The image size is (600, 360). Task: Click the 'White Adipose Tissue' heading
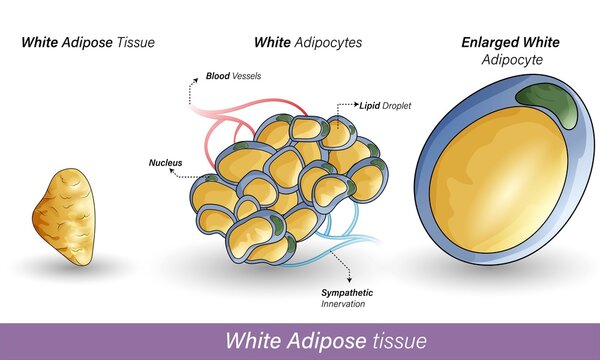coord(88,42)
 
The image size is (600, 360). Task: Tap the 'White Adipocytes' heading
coord(307,42)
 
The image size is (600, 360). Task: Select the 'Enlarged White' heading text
coord(511,42)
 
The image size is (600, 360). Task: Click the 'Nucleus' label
coord(164,159)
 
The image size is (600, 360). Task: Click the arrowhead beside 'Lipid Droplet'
coord(342,103)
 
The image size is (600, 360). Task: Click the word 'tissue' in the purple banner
coord(398,340)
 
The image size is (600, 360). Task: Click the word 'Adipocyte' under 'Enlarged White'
coord(510,61)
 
